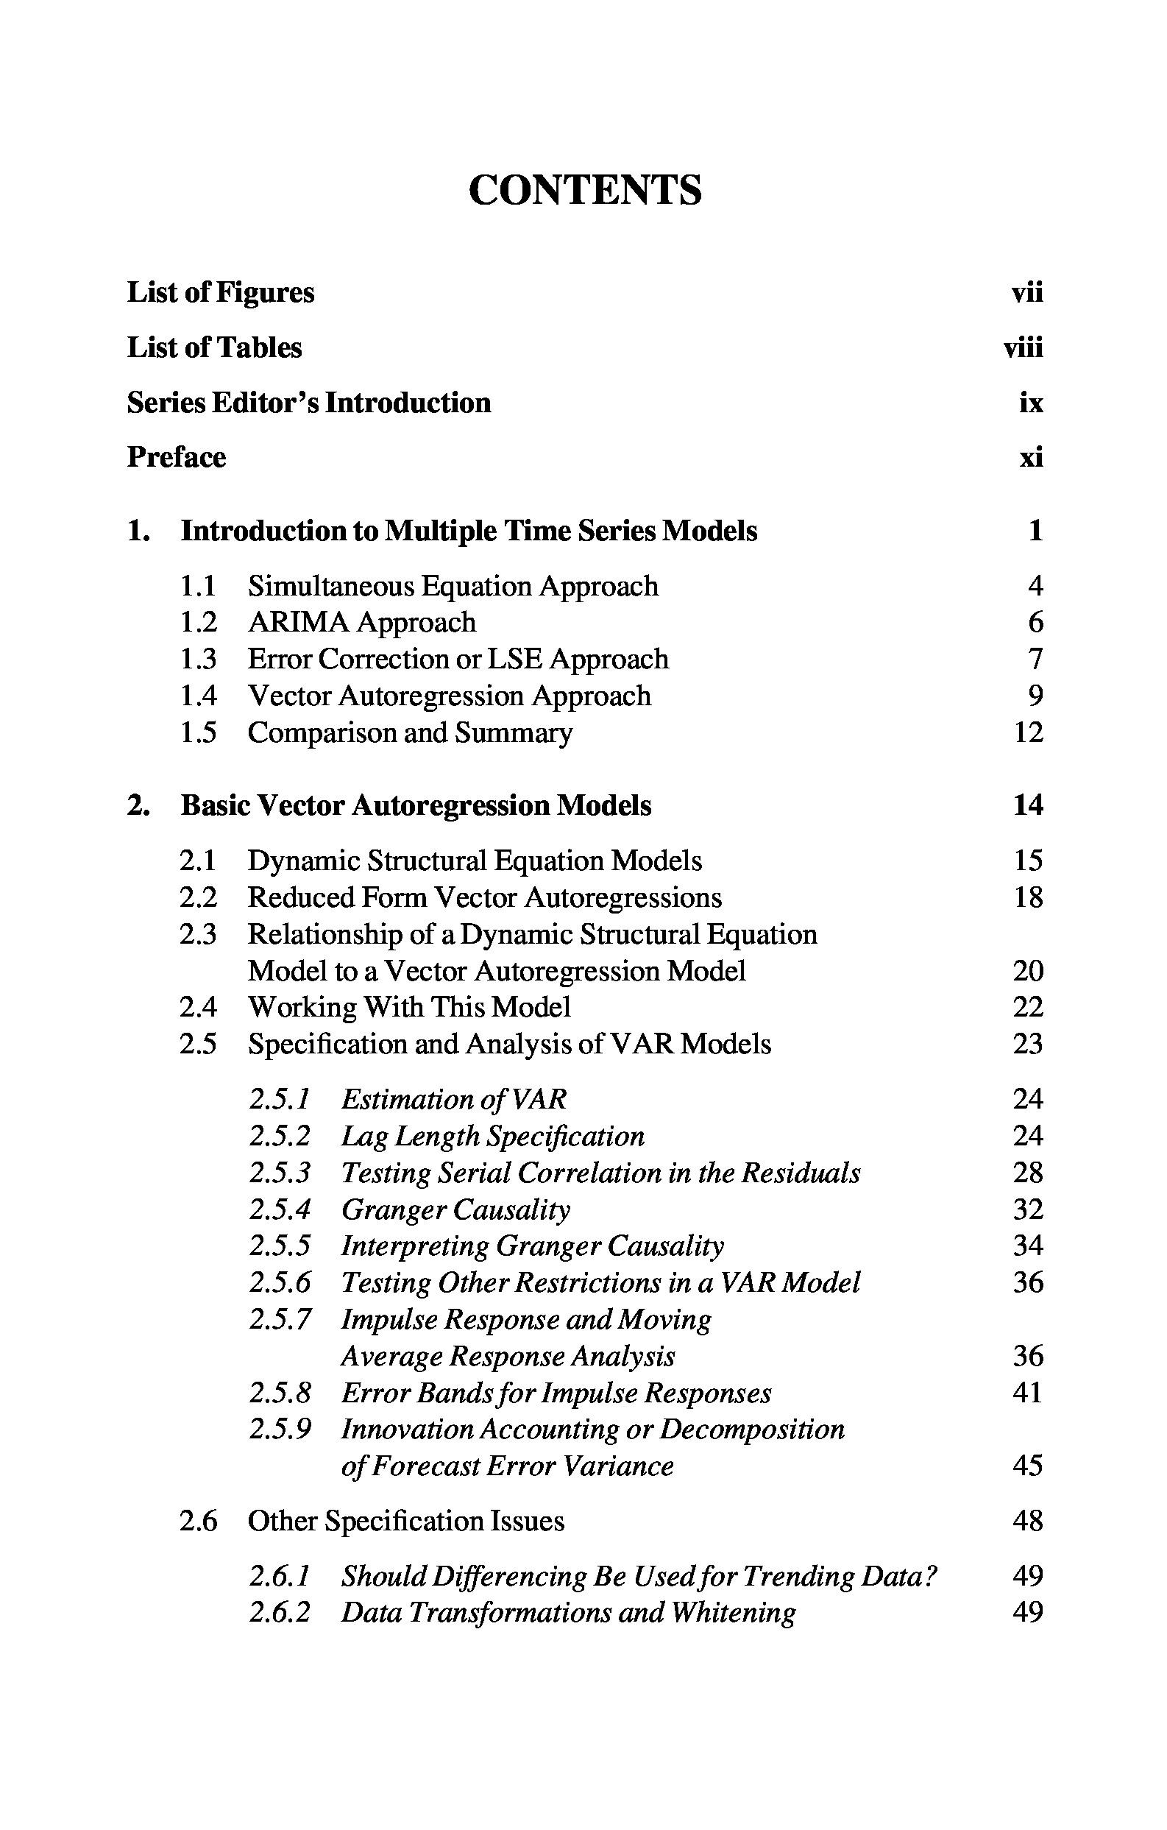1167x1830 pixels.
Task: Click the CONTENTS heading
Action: click(585, 190)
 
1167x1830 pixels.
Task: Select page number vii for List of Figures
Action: click(1027, 292)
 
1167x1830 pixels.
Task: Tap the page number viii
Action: click(1023, 348)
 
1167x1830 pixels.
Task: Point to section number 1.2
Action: click(198, 623)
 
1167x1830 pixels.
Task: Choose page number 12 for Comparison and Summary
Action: click(1028, 732)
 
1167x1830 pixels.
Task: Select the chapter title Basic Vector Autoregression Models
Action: click(416, 805)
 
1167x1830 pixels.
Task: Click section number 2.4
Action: click(198, 1008)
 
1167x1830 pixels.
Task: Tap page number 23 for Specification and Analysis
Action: click(1028, 1045)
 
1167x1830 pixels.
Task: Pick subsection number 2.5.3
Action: click(280, 1173)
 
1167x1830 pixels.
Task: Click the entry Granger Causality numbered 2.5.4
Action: click(455, 1210)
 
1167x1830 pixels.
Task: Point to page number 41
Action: click(1028, 1393)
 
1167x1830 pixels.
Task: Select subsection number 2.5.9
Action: click(280, 1430)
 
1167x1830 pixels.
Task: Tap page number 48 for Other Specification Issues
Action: click(1028, 1522)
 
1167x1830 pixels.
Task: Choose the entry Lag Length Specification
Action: click(492, 1137)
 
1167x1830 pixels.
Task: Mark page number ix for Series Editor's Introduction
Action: click(1031, 403)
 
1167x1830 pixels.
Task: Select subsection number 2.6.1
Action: click(280, 1576)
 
